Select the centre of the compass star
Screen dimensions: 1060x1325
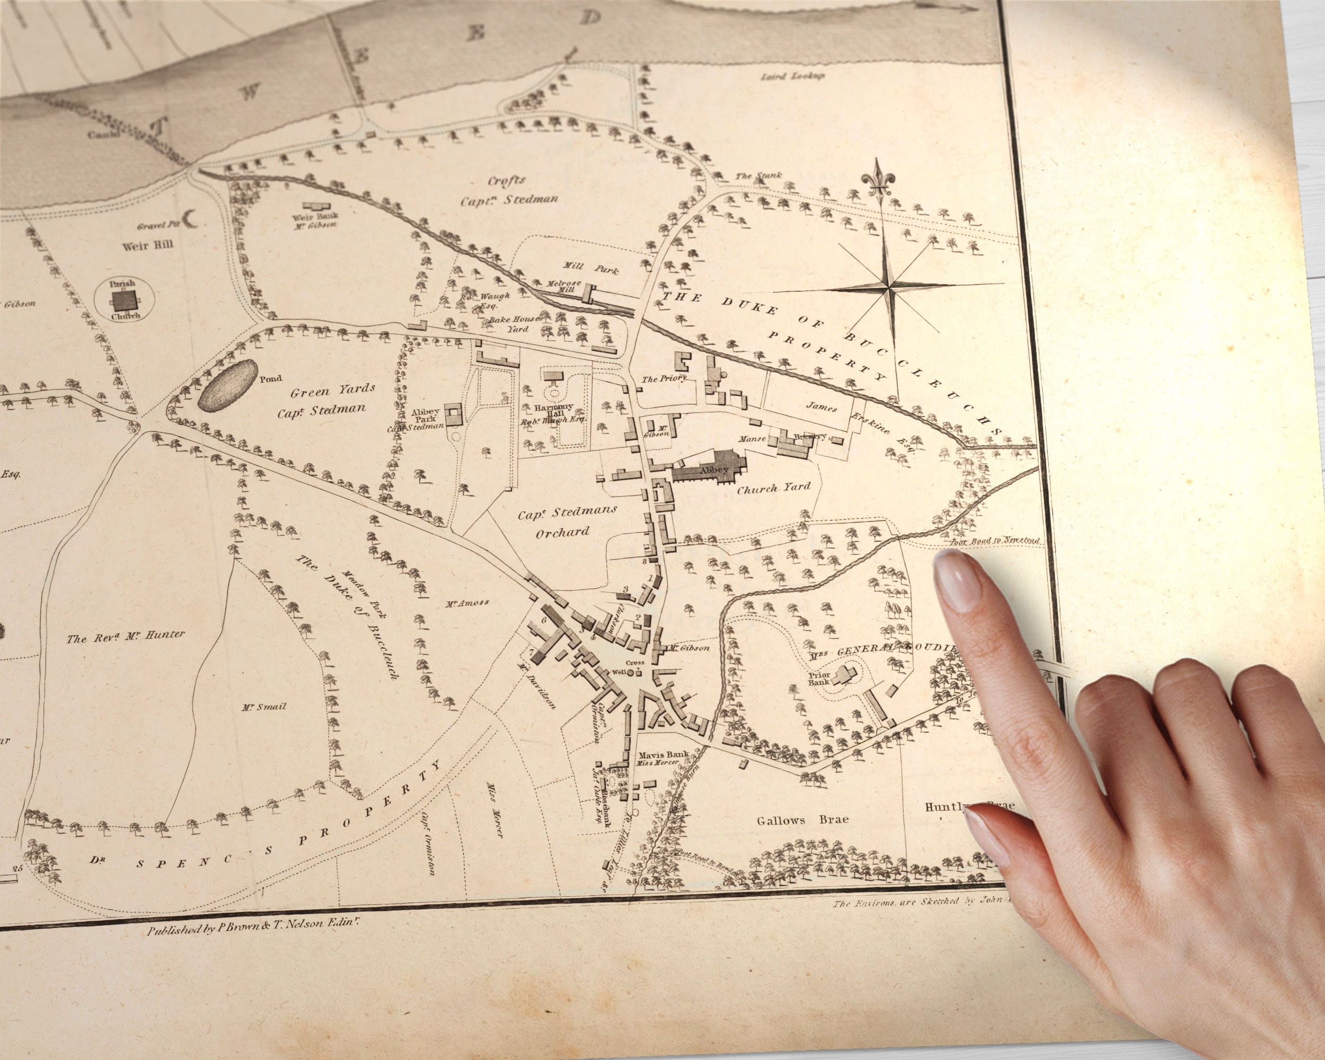pos(888,286)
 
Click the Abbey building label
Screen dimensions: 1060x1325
pos(713,470)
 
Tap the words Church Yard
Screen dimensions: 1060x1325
pos(773,488)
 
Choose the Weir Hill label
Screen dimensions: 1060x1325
pos(147,246)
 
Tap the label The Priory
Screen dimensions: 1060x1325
pos(664,378)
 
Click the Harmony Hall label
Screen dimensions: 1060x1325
pos(553,410)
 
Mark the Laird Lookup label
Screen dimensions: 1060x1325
pos(793,77)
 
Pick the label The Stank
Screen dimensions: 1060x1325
pos(759,176)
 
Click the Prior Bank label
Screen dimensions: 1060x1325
pos(819,678)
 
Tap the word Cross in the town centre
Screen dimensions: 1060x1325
pos(635,662)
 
